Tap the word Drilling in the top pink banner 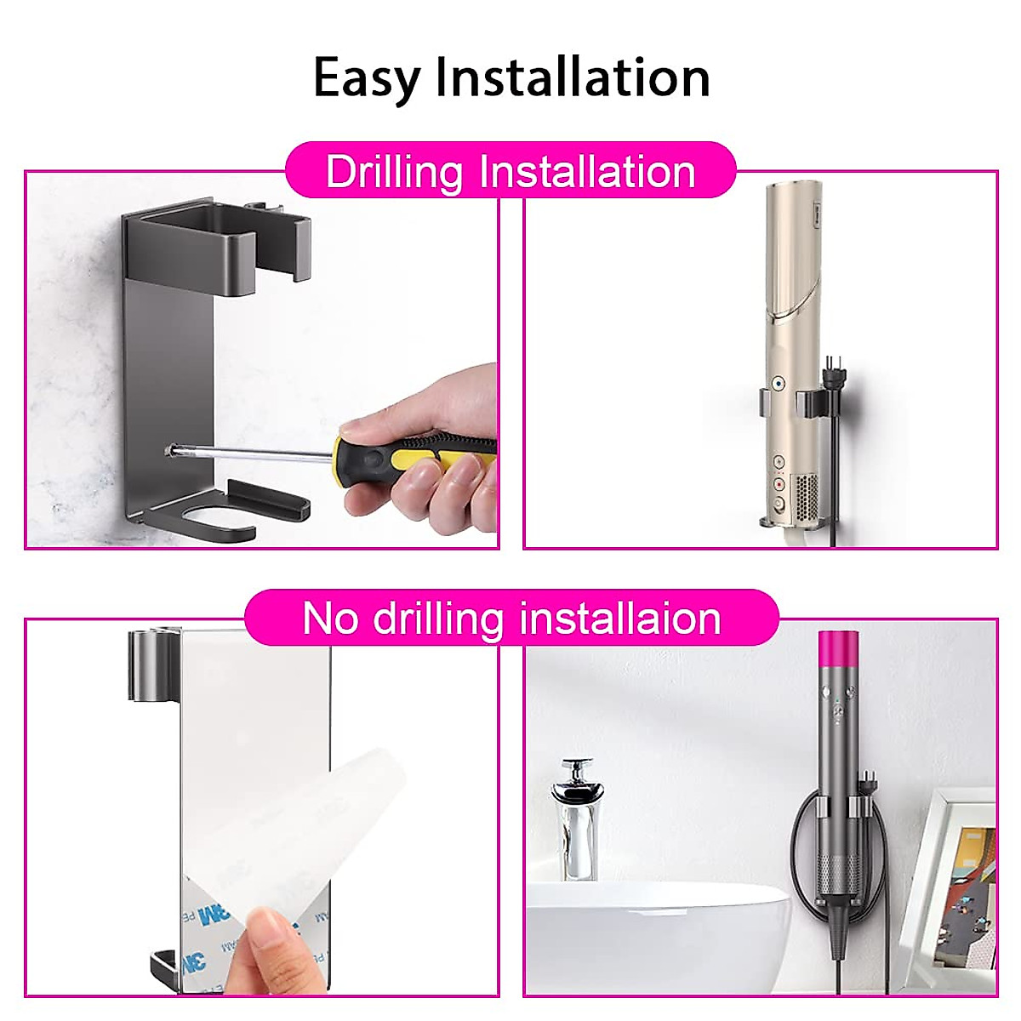pos(394,171)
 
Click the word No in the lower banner pos(331,618)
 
